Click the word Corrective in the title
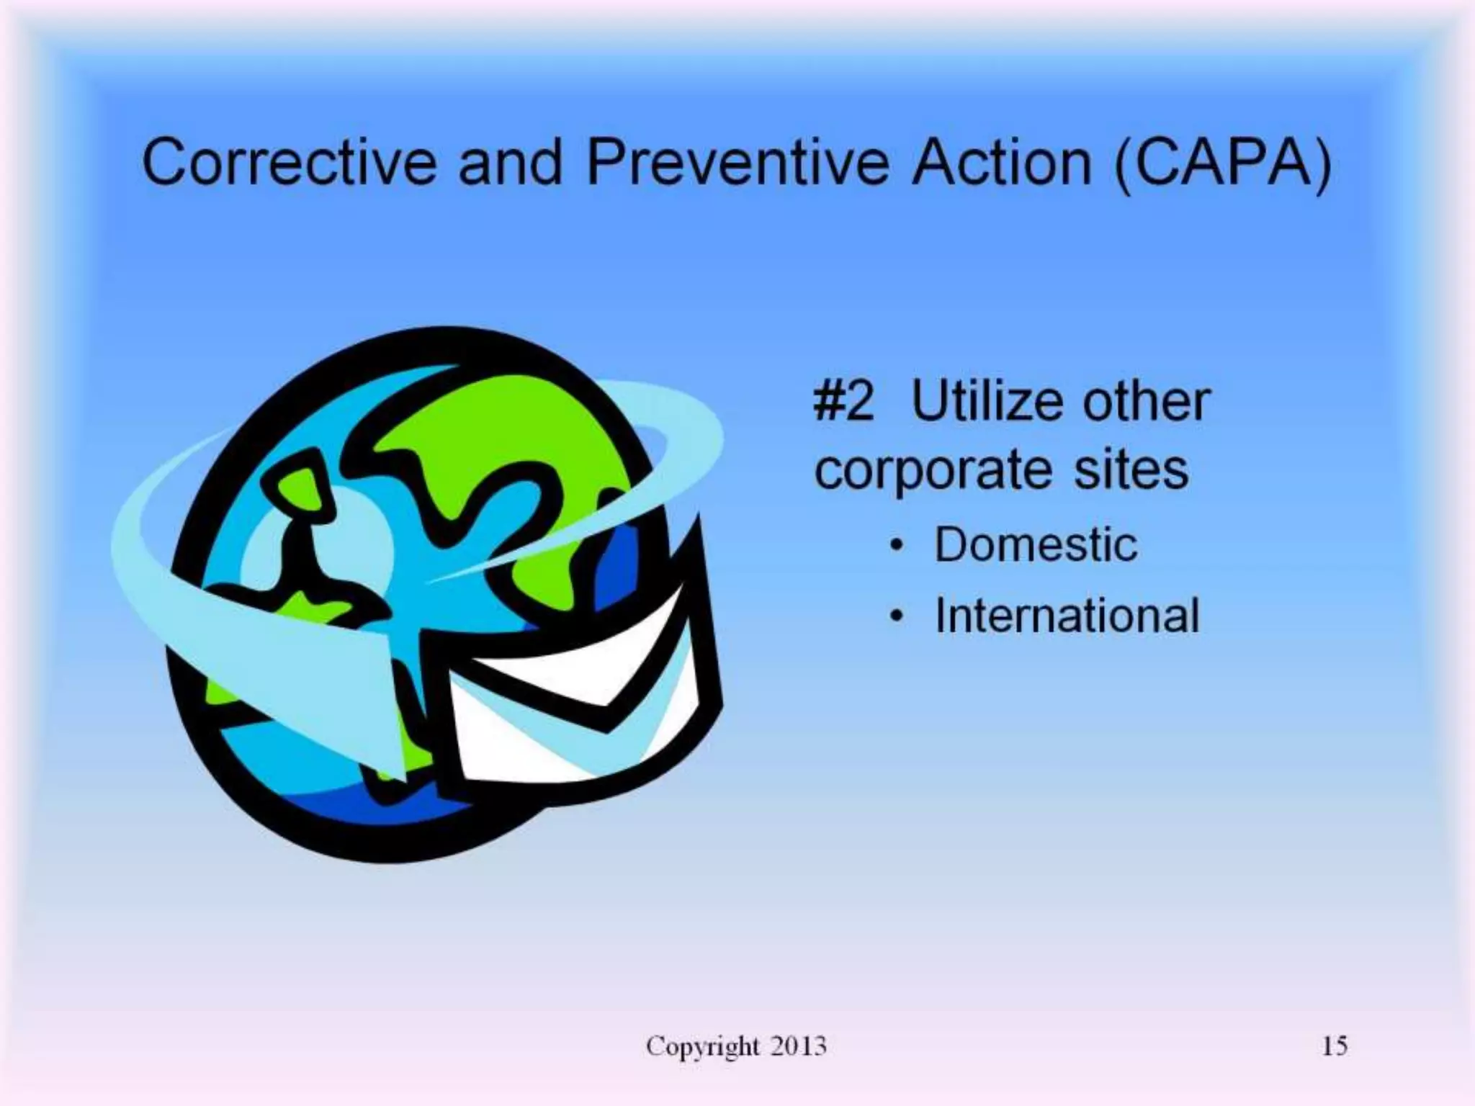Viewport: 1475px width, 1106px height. [x=288, y=163]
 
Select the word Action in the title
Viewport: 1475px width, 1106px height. [x=1001, y=163]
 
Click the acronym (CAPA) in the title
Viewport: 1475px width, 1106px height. [x=1222, y=164]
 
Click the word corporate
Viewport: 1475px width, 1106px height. [x=932, y=472]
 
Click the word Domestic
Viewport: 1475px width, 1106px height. [x=1036, y=544]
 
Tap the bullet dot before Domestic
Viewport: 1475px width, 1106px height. [x=896, y=546]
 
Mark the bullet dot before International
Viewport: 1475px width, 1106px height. [x=896, y=617]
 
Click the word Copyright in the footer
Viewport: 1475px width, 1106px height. [x=702, y=1046]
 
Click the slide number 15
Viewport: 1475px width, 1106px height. [x=1334, y=1046]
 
